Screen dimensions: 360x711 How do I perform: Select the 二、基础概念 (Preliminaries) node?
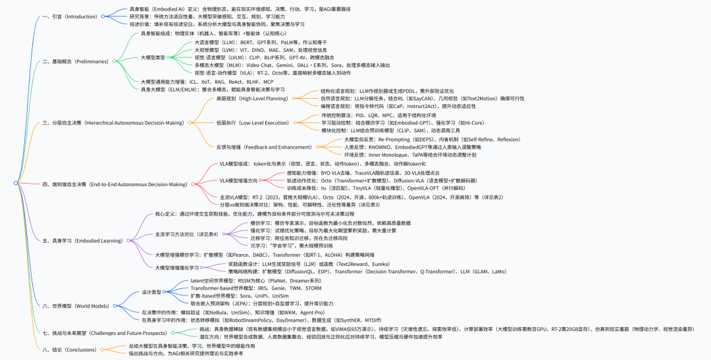click(x=73, y=61)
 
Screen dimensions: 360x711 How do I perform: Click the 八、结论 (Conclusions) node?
click(x=69, y=349)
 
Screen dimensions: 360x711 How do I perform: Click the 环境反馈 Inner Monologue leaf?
click(x=408, y=155)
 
